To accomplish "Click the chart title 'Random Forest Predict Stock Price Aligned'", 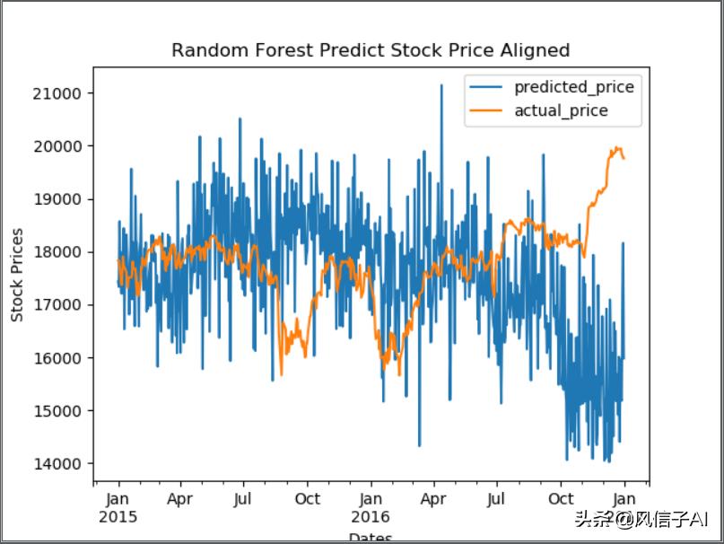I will pos(371,50).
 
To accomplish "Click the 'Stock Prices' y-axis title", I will pos(17,276).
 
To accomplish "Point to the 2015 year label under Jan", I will pos(118,518).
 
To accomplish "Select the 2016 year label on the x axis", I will pos(371,518).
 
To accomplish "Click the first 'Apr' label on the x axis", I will pos(180,499).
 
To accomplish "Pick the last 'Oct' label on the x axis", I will pos(561,499).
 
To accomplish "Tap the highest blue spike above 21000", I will pos(441,86).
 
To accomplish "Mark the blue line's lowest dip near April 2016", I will pos(419,444).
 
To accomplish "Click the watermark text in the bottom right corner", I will pos(641,519).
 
